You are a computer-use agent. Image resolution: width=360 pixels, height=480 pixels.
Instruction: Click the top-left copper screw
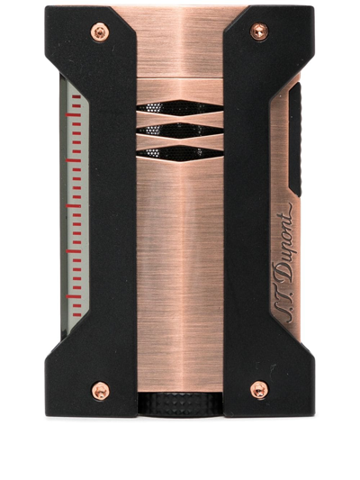pyautogui.click(x=100, y=32)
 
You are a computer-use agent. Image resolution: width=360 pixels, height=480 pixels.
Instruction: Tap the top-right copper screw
pyautogui.click(x=259, y=32)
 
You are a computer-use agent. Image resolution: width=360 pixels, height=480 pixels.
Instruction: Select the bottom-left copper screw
pyautogui.click(x=100, y=391)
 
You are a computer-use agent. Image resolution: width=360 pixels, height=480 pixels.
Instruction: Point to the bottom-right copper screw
pyautogui.click(x=259, y=390)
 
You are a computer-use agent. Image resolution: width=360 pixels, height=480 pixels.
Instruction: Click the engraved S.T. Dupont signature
pyautogui.click(x=283, y=263)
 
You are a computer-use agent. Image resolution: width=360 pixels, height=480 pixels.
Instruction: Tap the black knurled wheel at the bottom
pyautogui.click(x=180, y=404)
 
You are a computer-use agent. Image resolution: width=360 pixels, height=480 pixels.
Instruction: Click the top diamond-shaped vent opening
pyautogui.click(x=180, y=108)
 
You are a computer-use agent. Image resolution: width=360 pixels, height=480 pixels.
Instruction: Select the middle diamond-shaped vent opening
pyautogui.click(x=180, y=131)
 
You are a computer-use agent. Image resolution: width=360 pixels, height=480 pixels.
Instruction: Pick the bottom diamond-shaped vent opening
pyautogui.click(x=180, y=153)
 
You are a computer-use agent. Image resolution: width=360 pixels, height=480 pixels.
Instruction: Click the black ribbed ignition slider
pyautogui.click(x=295, y=140)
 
